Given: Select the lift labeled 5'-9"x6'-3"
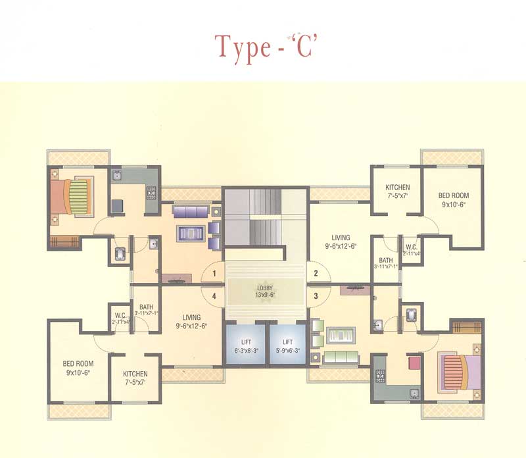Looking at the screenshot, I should (287, 346).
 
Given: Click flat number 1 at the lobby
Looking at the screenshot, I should (214, 272).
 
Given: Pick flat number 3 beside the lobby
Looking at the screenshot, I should (316, 295).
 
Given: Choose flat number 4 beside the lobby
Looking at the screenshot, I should (214, 295).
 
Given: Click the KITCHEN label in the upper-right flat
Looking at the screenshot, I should (397, 191).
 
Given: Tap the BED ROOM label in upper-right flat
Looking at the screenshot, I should (454, 199).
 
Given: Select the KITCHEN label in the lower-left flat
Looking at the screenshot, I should (135, 378).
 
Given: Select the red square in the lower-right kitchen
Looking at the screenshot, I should (414, 363).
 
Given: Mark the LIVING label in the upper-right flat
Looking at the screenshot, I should (341, 242).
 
